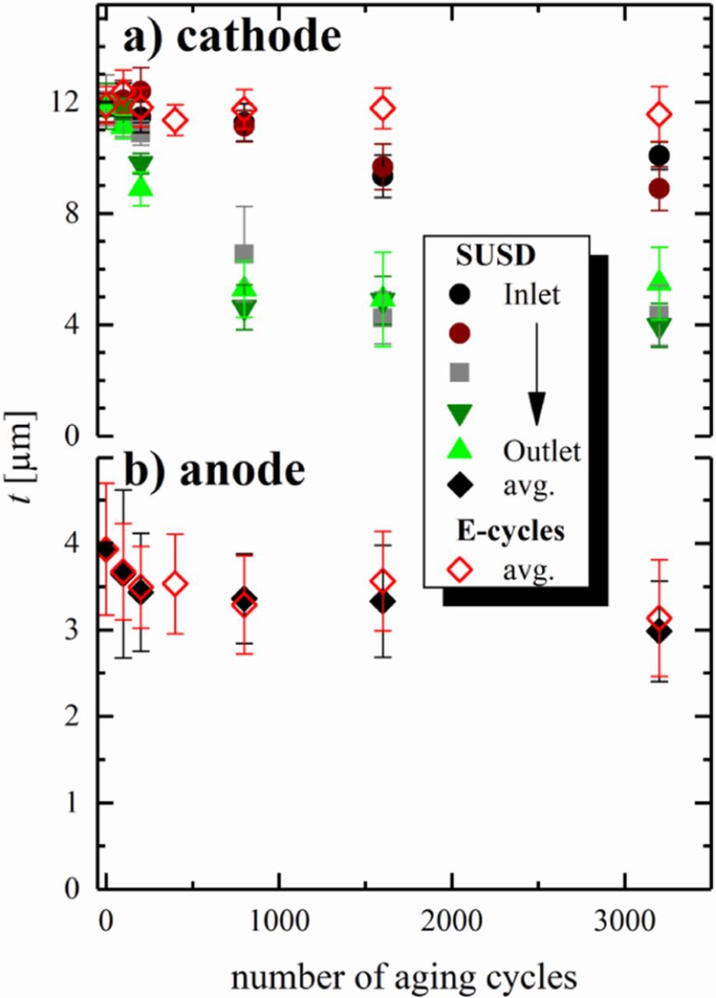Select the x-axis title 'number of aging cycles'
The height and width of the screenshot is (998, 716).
pos(405,975)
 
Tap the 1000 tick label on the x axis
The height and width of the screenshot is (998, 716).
pos(278,915)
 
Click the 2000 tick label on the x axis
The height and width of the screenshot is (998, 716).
pos(452,915)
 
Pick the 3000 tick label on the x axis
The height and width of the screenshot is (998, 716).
pos(625,915)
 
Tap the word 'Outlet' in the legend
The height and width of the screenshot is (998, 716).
pos(542,451)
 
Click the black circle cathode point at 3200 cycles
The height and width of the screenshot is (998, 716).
pos(659,156)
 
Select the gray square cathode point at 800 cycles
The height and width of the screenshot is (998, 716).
pos(244,253)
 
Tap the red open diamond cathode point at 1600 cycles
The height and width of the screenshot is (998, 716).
pos(382,108)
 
